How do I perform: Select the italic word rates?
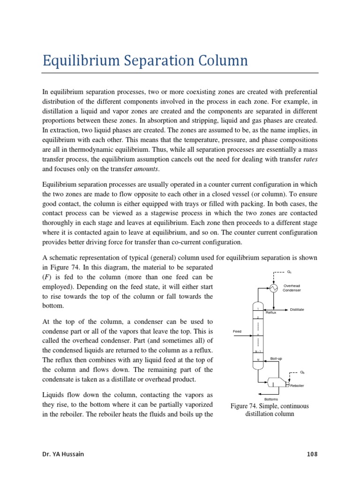(311, 159)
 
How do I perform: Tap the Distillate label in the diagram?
(297, 309)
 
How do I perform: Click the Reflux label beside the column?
(271, 312)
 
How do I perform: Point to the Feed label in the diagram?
(237, 331)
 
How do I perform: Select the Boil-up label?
(277, 359)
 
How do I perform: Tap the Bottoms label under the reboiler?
(271, 399)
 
